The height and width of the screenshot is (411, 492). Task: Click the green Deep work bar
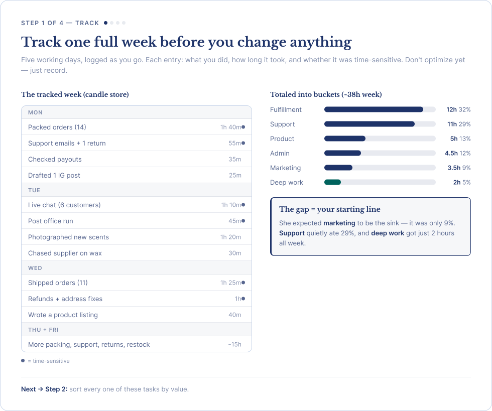point(332,182)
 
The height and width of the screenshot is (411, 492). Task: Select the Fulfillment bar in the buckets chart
point(374,109)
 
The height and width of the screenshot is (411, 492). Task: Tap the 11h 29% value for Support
point(459,124)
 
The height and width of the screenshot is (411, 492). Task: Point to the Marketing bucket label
point(285,168)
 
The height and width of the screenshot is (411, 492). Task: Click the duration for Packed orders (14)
point(230,127)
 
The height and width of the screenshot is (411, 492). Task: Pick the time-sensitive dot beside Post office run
point(243,221)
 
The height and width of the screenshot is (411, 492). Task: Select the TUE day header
point(34,190)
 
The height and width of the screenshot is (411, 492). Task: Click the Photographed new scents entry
point(68,237)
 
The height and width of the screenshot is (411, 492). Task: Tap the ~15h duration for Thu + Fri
point(234,344)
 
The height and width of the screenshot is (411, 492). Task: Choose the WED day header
point(35,268)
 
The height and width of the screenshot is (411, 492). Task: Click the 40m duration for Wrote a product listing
point(235,315)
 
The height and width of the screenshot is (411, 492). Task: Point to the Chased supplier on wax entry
point(65,253)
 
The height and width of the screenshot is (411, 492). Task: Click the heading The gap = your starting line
point(330,209)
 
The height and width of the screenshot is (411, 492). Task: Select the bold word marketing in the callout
point(339,223)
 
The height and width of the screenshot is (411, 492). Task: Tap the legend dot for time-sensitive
point(23,360)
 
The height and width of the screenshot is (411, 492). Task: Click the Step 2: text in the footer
point(56,389)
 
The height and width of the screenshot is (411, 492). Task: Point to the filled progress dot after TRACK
point(106,23)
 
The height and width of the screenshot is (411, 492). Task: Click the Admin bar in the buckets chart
point(342,153)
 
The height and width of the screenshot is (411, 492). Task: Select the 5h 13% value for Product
point(460,139)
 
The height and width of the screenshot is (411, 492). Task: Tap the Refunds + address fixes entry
point(65,299)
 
